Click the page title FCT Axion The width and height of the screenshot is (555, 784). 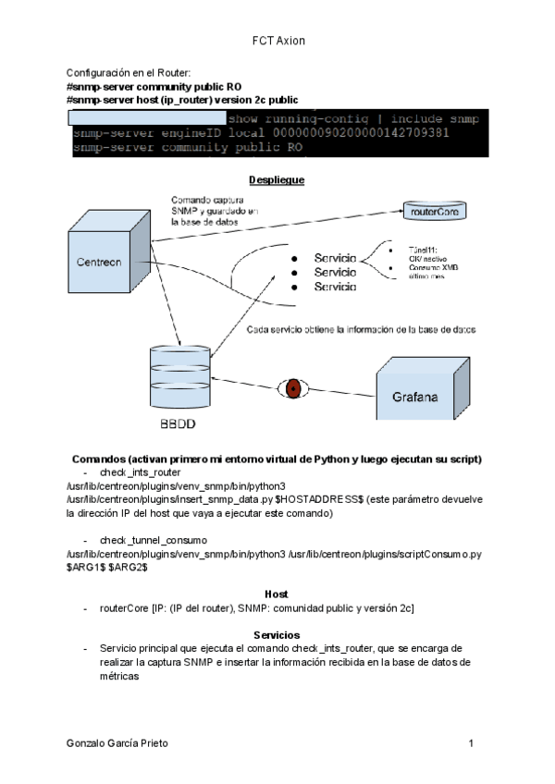pos(277,42)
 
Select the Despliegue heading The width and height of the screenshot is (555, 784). pos(277,179)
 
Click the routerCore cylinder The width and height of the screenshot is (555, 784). pos(433,211)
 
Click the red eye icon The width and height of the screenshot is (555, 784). pos(293,388)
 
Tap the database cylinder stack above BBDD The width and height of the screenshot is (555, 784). pos(175,378)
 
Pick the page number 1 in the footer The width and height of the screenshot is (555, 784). pos(471,743)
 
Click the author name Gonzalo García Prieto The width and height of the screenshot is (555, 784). pos(117,743)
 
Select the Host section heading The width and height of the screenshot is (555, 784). pos(276,593)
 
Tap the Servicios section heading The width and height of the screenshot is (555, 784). pos(277,635)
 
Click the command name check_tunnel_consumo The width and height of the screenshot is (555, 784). pos(153,539)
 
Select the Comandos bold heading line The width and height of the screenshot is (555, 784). pos(277,459)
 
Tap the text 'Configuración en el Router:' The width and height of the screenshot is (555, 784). pos(129,72)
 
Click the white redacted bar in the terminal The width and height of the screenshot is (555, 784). pos(148,118)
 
